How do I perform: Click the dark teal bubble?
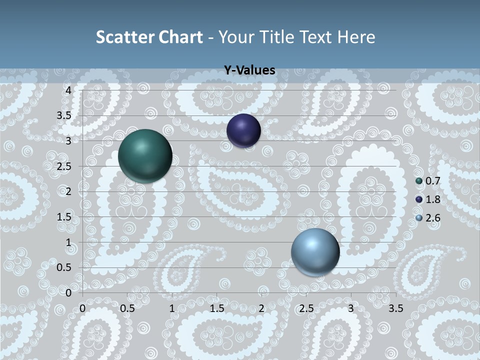(145, 155)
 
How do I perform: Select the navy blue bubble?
(243, 130)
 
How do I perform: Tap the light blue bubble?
(315, 252)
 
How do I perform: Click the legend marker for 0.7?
(419, 181)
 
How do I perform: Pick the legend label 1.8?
(433, 199)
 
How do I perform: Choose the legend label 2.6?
(433, 218)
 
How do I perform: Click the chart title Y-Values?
(249, 70)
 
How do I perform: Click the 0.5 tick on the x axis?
(127, 308)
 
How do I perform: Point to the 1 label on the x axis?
(172, 308)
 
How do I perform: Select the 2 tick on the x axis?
(261, 308)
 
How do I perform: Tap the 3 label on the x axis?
(351, 308)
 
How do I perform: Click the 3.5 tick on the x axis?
(395, 308)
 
